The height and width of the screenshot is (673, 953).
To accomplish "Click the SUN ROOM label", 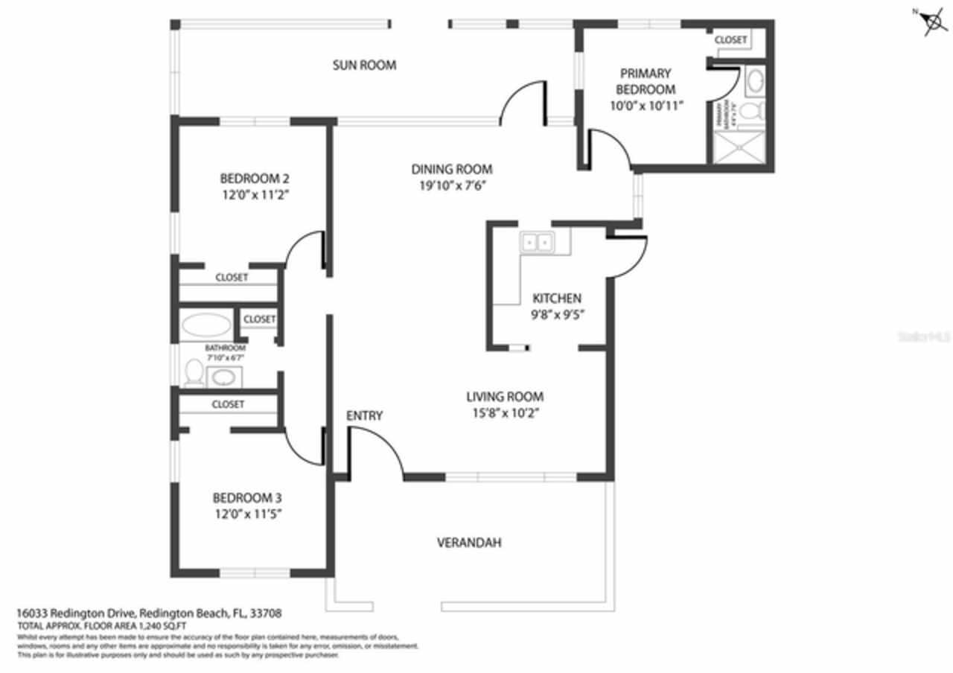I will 363,66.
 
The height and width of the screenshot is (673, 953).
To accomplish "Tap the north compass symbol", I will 931,22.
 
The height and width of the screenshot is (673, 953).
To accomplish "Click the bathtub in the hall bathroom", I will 207,325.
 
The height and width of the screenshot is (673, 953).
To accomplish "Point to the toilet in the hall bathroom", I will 194,372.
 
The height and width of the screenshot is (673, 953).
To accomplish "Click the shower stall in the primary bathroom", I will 739,147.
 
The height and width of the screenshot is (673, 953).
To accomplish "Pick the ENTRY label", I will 364,415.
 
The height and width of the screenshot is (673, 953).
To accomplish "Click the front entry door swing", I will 376,450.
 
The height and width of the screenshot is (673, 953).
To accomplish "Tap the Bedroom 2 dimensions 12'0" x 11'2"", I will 255,195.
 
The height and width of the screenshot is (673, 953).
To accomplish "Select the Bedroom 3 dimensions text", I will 247,514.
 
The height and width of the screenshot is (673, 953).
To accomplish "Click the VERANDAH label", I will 468,543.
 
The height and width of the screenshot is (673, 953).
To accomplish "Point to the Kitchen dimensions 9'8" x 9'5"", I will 556,314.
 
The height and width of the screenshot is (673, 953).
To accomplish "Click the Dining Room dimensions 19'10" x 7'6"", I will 452,185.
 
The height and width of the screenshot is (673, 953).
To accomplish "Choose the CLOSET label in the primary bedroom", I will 730,40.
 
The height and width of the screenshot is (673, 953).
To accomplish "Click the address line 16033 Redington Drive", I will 149,613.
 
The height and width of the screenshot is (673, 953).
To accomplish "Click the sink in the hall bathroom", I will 223,377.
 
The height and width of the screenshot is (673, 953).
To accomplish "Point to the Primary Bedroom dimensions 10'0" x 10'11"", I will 646,106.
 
